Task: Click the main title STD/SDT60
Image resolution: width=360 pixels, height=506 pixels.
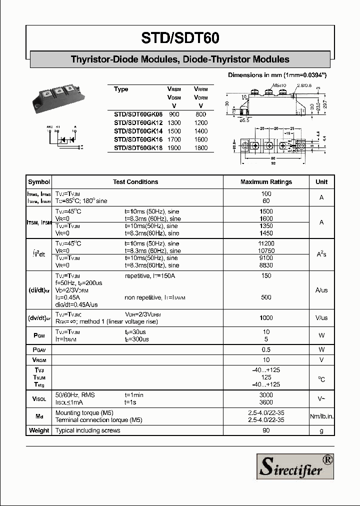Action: pos(180,38)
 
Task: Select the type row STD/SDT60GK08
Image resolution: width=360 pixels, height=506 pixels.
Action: pos(138,114)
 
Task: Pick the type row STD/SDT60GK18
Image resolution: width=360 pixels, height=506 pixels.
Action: pos(138,147)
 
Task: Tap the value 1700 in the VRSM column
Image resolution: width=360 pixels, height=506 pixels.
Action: pos(174,139)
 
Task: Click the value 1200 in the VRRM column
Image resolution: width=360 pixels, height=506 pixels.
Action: pos(200,122)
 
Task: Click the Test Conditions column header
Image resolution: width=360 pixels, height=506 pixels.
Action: pos(135,182)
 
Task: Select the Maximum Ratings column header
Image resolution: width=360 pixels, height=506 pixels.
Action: pos(266,182)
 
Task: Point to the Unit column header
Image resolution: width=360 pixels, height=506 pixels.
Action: pos(321,182)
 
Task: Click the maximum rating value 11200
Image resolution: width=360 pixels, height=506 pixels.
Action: pos(266,243)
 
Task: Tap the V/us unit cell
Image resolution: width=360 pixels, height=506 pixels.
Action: pos(321,318)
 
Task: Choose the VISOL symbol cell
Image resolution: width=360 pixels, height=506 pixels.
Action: pos(39,398)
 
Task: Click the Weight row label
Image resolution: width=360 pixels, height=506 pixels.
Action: pos(39,430)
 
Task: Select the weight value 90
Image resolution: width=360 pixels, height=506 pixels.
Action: pos(266,430)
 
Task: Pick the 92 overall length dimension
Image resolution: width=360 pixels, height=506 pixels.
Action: pos(273,162)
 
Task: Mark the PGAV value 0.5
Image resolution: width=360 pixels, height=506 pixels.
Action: pos(266,349)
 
